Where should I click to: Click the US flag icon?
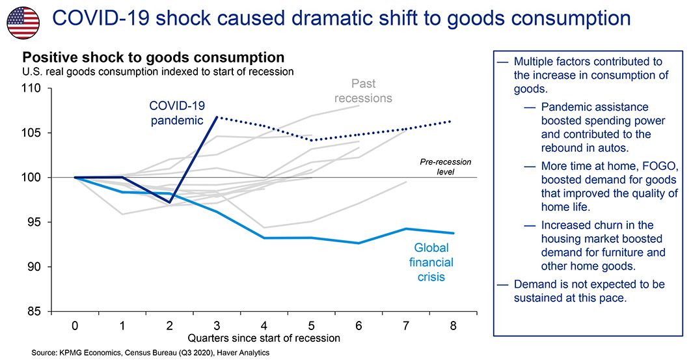pos(23,23)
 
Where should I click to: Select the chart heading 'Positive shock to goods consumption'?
pos(154,57)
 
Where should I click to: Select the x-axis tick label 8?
pos(452,325)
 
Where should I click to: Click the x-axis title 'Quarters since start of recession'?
pos(264,338)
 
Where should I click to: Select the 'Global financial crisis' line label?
pos(431,262)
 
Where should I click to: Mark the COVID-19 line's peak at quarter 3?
pos(217,117)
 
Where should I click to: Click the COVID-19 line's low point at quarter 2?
pos(170,202)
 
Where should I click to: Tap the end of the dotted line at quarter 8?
pos(452,121)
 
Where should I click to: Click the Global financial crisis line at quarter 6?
pos(358,243)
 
